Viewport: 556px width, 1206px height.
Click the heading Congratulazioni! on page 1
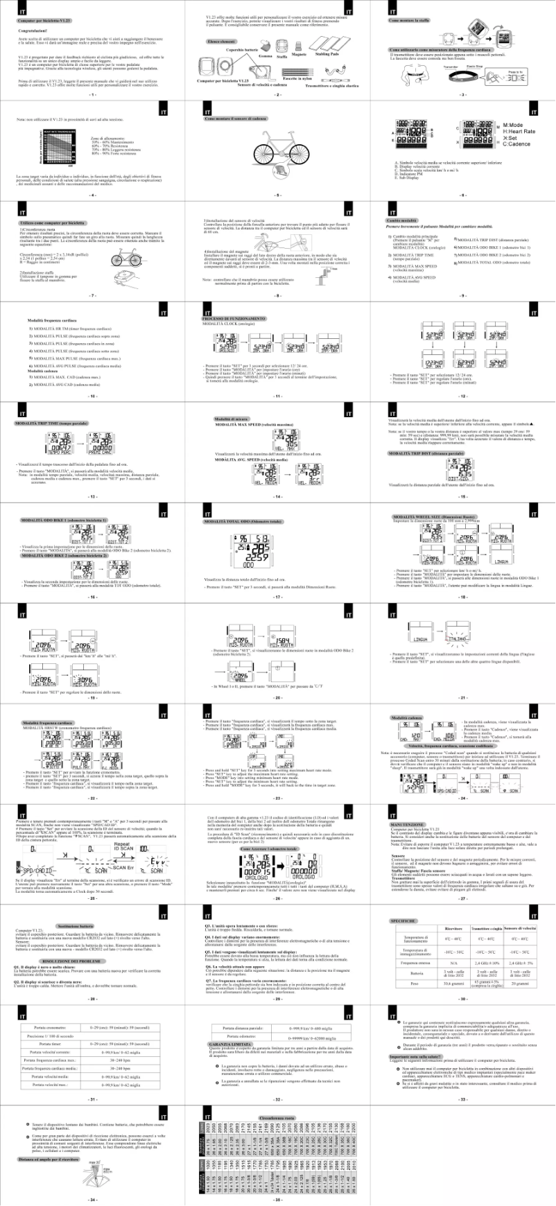click(x=33, y=31)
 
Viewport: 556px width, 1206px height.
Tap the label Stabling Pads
click(x=327, y=54)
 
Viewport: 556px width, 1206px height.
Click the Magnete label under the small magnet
click(x=299, y=54)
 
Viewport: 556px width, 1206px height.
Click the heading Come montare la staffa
click(x=409, y=21)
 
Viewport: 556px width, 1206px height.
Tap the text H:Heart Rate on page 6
click(x=519, y=132)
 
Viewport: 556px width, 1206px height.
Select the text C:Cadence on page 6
click(x=516, y=143)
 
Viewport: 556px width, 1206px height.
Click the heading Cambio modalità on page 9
click(x=400, y=220)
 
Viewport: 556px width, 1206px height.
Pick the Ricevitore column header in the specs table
click(x=453, y=929)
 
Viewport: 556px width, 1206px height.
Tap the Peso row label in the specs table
click(x=415, y=984)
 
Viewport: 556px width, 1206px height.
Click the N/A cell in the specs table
click(x=453, y=963)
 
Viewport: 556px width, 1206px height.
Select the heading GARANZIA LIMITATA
click(x=230, y=1044)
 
